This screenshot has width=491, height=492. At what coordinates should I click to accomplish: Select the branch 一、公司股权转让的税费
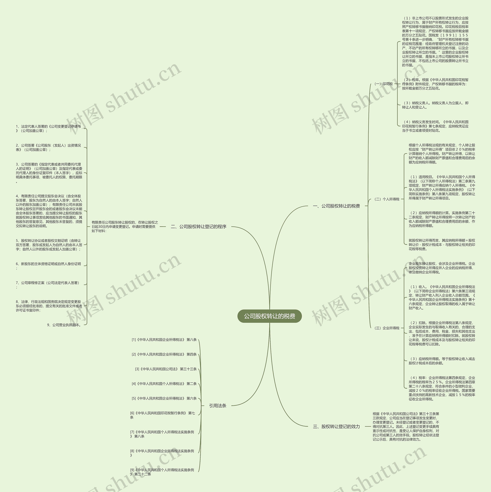point(336,206)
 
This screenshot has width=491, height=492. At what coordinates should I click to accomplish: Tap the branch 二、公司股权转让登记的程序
point(199,226)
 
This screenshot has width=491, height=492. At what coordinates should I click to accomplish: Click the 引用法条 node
point(218,406)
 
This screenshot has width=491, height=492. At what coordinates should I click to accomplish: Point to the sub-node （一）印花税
point(383,84)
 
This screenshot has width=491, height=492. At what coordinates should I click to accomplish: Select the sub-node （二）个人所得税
point(386,199)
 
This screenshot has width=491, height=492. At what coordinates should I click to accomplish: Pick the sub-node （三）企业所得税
point(386,328)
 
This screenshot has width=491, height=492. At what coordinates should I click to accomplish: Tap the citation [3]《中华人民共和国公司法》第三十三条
point(166,369)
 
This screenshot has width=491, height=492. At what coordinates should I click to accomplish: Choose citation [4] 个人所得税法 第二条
point(164,384)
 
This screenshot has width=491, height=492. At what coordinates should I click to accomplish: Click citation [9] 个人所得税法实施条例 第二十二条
point(162,472)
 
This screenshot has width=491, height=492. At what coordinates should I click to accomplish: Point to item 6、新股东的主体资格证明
point(48,266)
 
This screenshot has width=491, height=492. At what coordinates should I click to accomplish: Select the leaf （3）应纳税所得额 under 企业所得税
point(442,361)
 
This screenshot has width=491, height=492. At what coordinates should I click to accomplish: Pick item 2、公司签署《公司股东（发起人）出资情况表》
point(48,147)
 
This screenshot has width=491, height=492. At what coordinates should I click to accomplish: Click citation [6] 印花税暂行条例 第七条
point(163,415)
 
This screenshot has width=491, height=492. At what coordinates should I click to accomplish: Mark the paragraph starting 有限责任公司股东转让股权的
point(125,226)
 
